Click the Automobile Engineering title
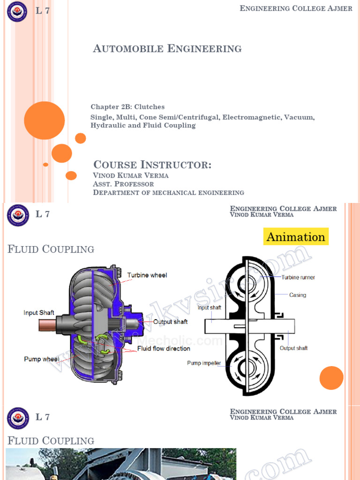(x=167, y=48)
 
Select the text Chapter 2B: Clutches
(x=127, y=107)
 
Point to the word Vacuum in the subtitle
(x=299, y=117)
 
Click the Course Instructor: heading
(x=152, y=165)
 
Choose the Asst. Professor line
(x=123, y=184)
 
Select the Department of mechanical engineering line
(x=168, y=192)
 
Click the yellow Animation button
(x=296, y=237)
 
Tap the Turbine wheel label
(x=147, y=275)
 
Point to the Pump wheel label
(x=42, y=359)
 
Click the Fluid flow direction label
(x=164, y=349)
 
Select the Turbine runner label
(x=298, y=277)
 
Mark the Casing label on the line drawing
(x=298, y=295)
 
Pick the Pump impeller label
(x=204, y=363)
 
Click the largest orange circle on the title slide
(x=45, y=120)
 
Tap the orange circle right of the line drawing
(x=331, y=378)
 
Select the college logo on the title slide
(x=17, y=11)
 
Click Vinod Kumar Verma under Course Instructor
(x=131, y=175)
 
